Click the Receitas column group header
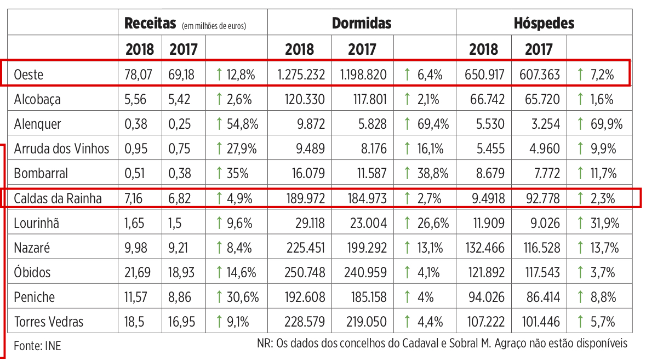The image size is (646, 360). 151,24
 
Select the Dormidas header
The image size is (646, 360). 362,23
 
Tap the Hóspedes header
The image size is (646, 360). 544,23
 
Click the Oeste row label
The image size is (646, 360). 28,75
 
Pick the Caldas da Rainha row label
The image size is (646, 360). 58,198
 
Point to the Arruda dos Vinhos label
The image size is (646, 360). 61,148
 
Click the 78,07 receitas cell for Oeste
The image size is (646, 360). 140,75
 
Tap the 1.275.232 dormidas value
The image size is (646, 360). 301,75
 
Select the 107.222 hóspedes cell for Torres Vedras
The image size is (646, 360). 483,322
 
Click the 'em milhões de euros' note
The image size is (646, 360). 214,25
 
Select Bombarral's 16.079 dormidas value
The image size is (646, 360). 307,174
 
